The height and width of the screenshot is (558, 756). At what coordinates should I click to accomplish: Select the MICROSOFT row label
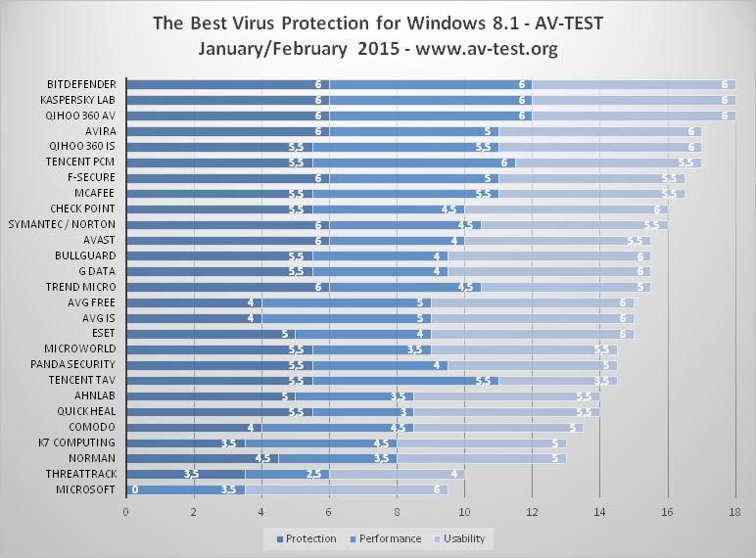pyautogui.click(x=86, y=489)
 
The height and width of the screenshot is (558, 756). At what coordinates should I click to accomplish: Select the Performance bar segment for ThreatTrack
pyautogui.click(x=287, y=474)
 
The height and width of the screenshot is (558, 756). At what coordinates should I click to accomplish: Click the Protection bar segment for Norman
pyautogui.click(x=203, y=458)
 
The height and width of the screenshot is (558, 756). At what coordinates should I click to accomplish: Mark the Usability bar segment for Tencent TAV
pyautogui.click(x=557, y=381)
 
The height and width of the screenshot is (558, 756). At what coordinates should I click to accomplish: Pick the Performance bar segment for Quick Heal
pyautogui.click(x=363, y=411)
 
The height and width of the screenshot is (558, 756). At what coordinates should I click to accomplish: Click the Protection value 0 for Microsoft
pyautogui.click(x=134, y=489)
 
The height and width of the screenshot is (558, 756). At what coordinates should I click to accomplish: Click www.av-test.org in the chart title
pyautogui.click(x=483, y=47)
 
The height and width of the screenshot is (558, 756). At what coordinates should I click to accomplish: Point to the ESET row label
pyautogui.click(x=103, y=333)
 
